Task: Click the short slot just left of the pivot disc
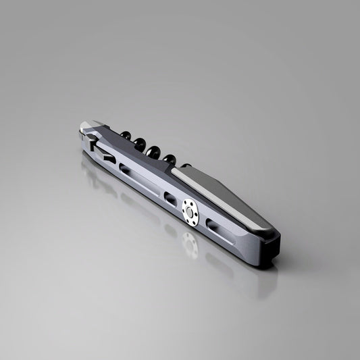point(170,198)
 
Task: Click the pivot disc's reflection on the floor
point(190,247)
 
